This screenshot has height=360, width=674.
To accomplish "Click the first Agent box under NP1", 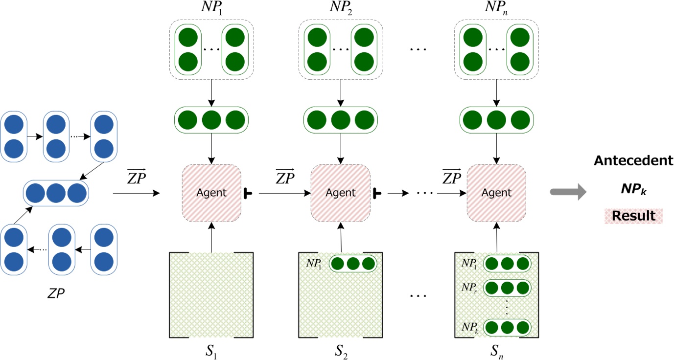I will (x=211, y=193).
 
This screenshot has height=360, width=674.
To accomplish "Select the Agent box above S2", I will (x=341, y=193).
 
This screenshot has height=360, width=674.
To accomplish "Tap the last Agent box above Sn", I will (x=496, y=193).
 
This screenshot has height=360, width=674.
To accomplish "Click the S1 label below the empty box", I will (x=211, y=351).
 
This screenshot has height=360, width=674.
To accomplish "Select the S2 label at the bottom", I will (x=341, y=351).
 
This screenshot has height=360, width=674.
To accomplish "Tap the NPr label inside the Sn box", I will (x=470, y=287).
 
